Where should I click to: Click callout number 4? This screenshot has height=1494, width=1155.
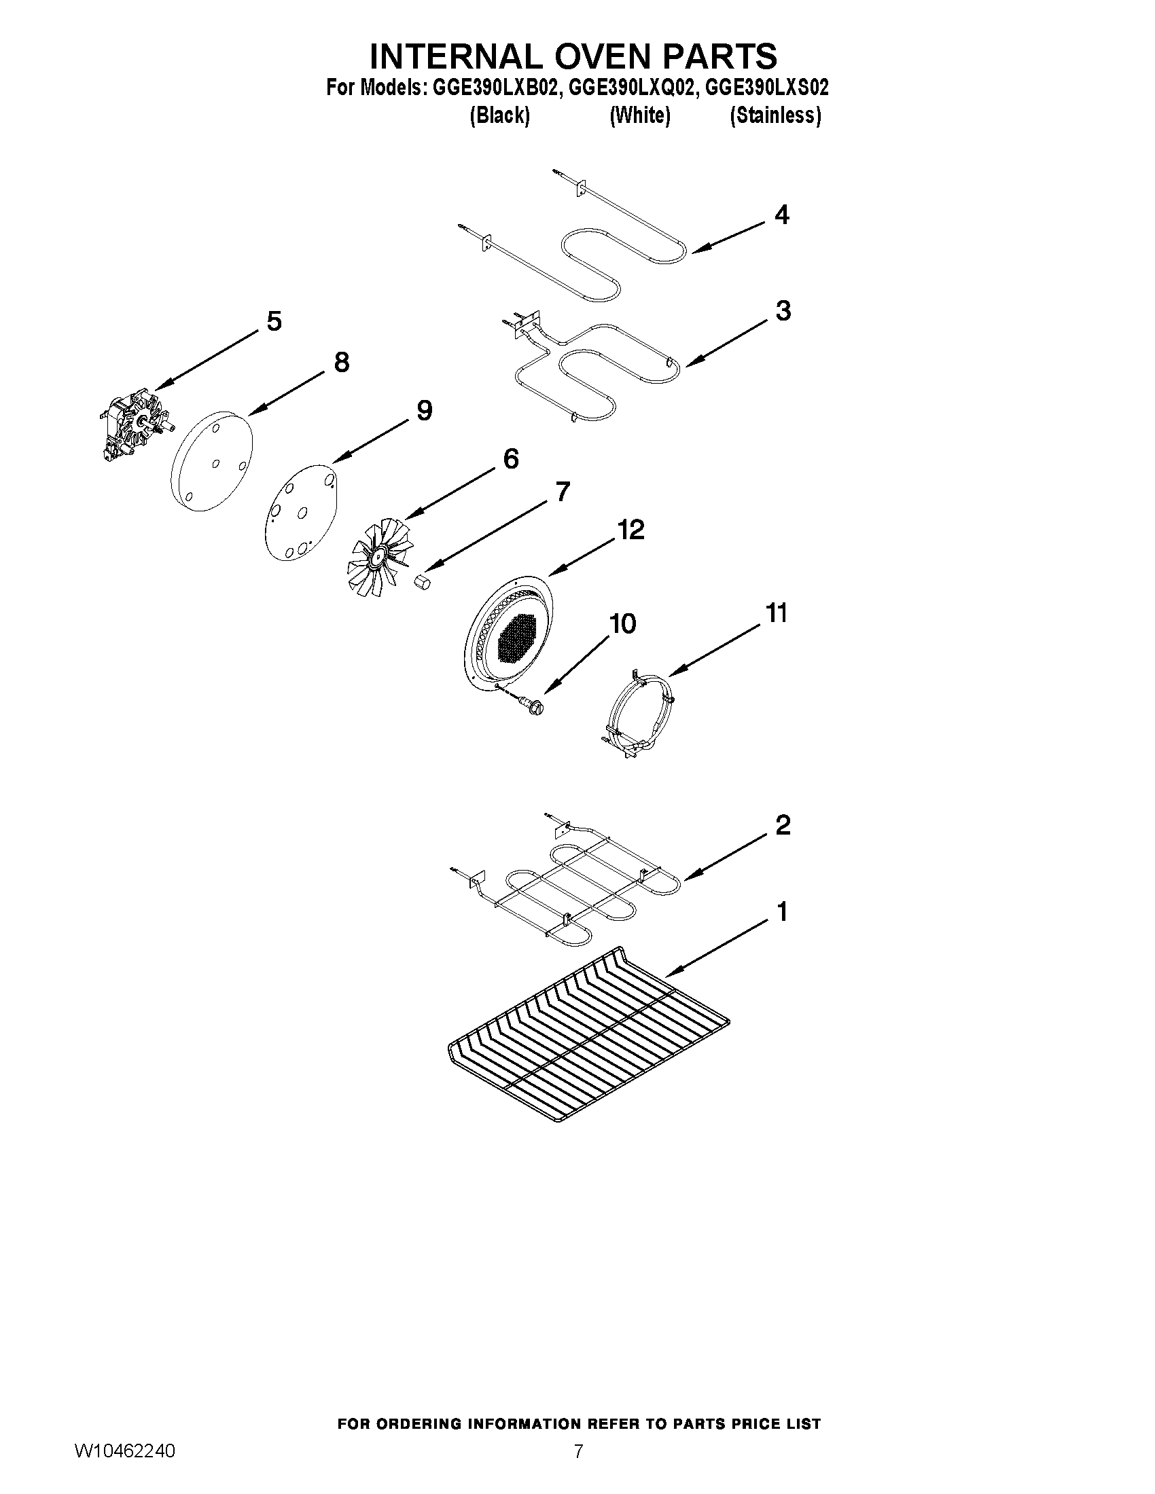(781, 215)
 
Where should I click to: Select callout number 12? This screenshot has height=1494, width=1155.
(630, 530)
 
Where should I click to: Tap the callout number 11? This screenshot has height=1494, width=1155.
(776, 613)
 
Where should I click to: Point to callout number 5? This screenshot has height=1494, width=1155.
(274, 321)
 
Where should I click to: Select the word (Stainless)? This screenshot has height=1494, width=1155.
(775, 115)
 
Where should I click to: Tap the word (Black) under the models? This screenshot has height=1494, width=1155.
(499, 115)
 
